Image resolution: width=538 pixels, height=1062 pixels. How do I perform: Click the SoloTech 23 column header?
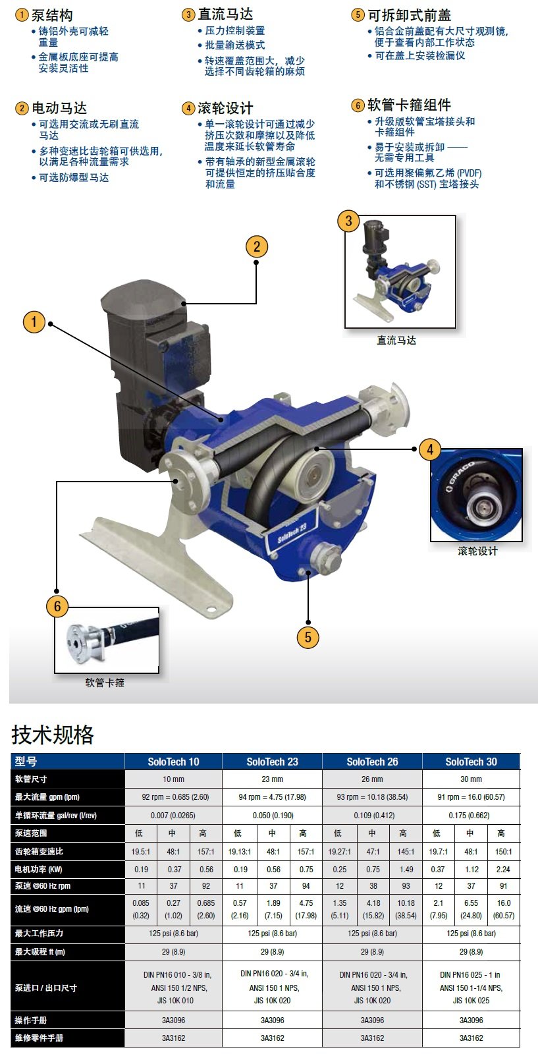coord(272,762)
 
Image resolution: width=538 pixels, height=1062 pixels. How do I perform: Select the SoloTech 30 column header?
coord(471,762)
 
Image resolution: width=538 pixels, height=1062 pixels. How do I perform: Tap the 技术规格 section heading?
coord(53,735)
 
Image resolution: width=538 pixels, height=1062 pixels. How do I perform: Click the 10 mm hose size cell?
coord(173,779)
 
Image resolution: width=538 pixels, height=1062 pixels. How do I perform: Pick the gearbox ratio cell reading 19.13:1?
coord(240,851)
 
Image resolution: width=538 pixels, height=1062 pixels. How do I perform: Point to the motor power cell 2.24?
coord(503,870)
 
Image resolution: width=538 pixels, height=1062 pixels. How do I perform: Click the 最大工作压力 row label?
coord(39,933)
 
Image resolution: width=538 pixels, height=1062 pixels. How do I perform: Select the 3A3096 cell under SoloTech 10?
coord(173,1020)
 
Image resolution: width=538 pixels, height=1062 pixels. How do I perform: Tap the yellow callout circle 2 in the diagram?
coord(257,246)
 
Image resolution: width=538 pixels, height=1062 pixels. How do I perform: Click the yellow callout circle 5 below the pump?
coord(308,637)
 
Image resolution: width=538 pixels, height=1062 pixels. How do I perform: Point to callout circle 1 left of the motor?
coord(34,322)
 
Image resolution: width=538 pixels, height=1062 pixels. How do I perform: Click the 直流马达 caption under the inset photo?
coord(396,341)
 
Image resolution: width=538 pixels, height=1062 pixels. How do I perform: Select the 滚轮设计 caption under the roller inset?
coord(477,551)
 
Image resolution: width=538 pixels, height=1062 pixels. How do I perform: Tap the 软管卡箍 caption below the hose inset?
coord(105,683)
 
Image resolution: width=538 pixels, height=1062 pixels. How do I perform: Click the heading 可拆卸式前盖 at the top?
coord(409,15)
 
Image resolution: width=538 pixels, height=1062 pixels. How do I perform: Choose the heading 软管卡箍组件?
coord(409,105)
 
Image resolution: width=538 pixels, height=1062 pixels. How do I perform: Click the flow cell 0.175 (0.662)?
coord(469,816)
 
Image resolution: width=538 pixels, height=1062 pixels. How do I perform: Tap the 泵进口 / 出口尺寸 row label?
coord(45,988)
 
